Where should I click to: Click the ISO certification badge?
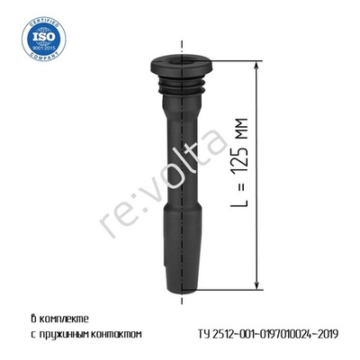[37, 39]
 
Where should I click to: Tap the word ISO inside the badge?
[37, 37]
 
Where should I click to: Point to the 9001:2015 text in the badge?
[38, 49]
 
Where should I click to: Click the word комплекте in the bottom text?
[68, 318]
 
